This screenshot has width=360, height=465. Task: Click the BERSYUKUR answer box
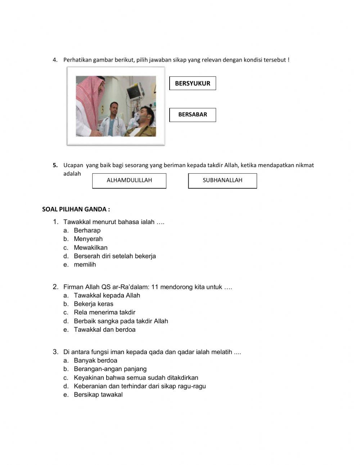click(193, 83)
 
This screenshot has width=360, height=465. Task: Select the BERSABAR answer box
click(193, 115)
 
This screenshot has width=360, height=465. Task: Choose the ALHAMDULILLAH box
click(129, 180)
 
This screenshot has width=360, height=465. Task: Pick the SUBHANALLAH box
click(222, 180)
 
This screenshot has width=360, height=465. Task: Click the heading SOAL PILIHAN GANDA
click(76, 209)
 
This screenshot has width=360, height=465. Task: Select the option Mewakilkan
click(90, 247)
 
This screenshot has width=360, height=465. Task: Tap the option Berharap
click(87, 231)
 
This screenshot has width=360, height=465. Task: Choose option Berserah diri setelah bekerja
click(114, 256)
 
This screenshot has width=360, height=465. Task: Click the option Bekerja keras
click(93, 304)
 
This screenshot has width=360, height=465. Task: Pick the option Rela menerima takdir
click(104, 312)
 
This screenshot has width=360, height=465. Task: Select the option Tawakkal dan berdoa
click(104, 330)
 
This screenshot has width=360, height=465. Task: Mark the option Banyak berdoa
click(95, 361)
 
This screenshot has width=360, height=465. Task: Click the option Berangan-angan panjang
click(110, 369)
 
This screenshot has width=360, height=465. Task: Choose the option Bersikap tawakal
click(98, 395)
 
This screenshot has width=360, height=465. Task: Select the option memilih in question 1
click(85, 264)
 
